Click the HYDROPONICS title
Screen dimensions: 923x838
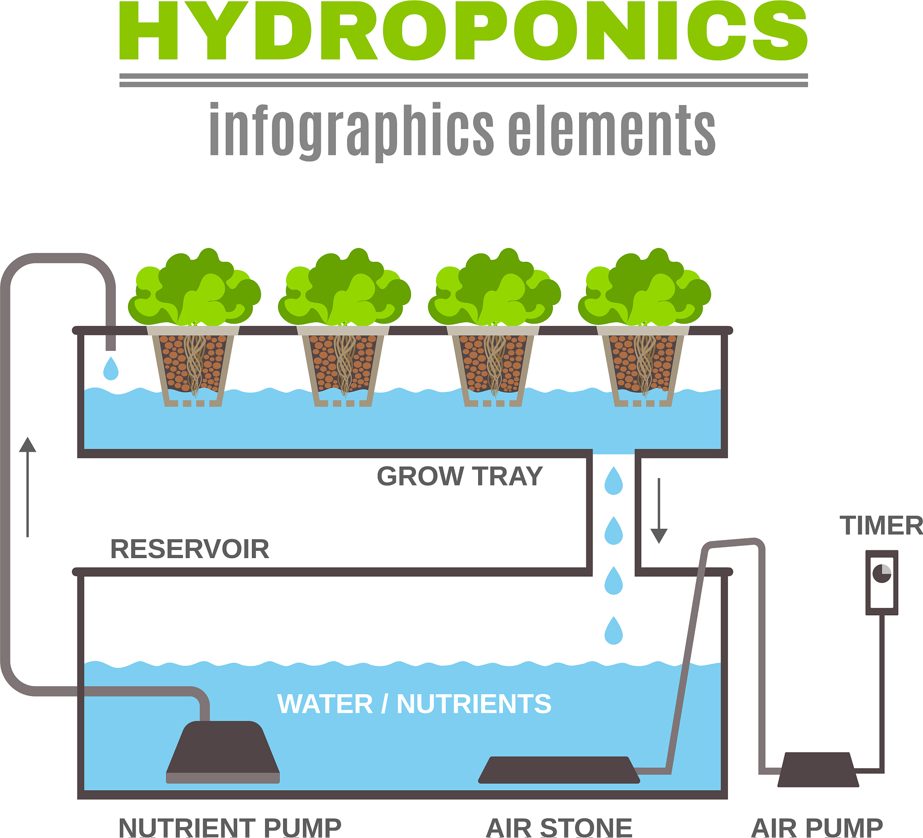(x=463, y=30)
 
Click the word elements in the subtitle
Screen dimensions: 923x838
(x=612, y=130)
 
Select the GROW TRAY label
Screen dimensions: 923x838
(x=460, y=476)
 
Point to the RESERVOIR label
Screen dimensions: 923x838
(x=190, y=549)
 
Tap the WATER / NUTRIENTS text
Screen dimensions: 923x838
(x=414, y=704)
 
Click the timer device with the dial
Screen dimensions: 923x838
(x=882, y=582)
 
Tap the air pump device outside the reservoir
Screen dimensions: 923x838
(x=818, y=770)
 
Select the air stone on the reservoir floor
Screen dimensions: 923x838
(x=559, y=770)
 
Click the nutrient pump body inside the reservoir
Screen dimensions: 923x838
(x=223, y=752)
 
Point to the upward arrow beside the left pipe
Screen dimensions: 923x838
(x=27, y=487)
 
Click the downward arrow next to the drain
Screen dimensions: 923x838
(x=659, y=511)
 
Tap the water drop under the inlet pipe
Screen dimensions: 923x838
(x=111, y=369)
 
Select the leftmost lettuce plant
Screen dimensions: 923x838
(x=195, y=287)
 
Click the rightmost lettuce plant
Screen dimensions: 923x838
(x=644, y=287)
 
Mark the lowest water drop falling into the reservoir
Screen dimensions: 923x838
(x=613, y=631)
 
